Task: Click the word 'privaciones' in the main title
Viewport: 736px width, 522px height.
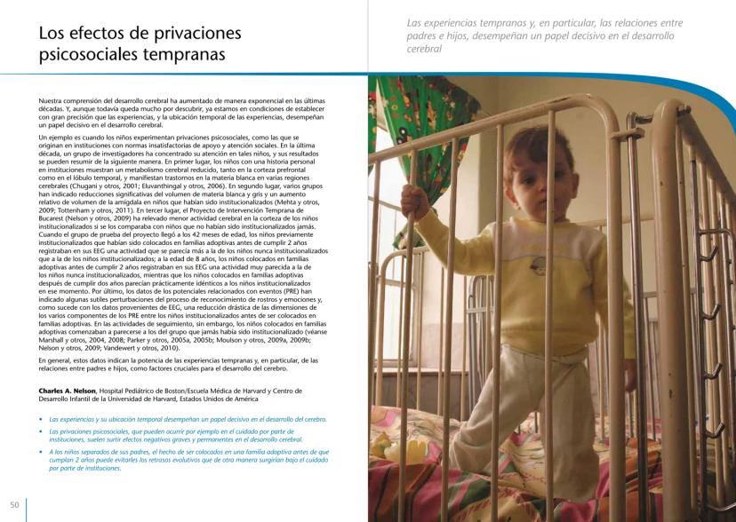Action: click(195, 34)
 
